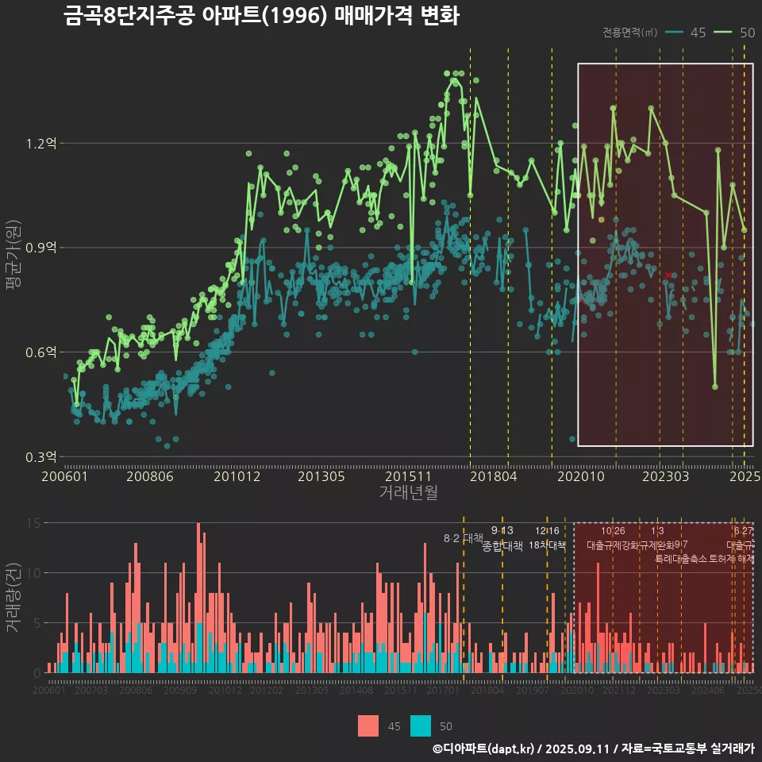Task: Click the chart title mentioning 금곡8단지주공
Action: tap(261, 16)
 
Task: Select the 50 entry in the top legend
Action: tap(736, 33)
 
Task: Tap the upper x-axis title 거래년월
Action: tap(408, 493)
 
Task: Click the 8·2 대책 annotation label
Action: tap(463, 538)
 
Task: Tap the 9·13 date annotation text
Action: tap(502, 530)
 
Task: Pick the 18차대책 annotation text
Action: tap(547, 545)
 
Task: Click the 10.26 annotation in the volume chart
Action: tap(613, 530)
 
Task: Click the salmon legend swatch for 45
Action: tap(368, 725)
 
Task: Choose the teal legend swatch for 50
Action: tap(421, 725)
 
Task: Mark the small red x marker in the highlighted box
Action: tap(668, 275)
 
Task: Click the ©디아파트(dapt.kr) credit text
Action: tap(484, 749)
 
